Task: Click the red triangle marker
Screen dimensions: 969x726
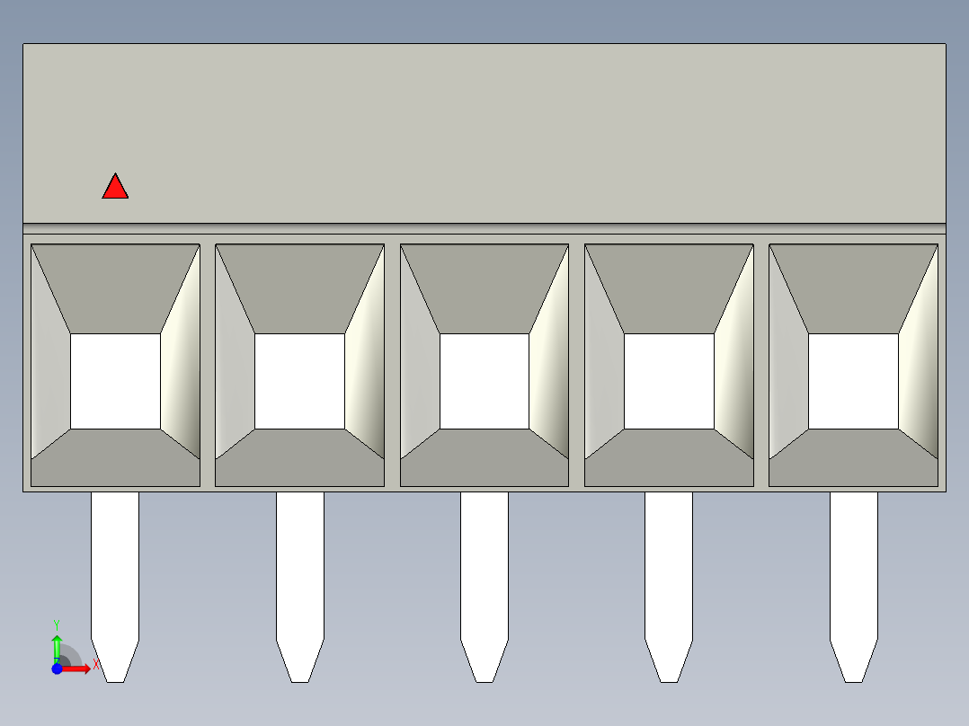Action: coord(115,188)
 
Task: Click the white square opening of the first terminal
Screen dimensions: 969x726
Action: coord(116,381)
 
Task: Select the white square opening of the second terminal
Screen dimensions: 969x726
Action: coord(299,381)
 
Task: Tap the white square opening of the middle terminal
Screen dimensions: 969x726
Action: coord(484,381)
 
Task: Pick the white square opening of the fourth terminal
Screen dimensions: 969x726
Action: coord(670,381)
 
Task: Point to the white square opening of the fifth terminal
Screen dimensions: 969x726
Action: coord(853,381)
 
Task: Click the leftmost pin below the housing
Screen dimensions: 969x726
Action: coord(115,587)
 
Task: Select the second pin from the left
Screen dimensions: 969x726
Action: coord(299,587)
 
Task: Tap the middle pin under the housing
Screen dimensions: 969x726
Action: coord(484,587)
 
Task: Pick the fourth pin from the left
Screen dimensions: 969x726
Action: coord(669,587)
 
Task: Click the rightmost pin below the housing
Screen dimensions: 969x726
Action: coord(853,587)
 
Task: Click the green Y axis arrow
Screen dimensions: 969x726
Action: coord(57,649)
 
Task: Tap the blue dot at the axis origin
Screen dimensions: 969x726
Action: coord(57,668)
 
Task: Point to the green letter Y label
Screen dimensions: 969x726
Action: coord(57,624)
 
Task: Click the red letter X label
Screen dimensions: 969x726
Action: coord(96,665)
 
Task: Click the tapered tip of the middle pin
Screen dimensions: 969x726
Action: coord(484,661)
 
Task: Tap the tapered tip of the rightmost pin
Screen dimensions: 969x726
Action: coord(853,661)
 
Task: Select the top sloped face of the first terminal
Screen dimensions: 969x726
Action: coord(116,288)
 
